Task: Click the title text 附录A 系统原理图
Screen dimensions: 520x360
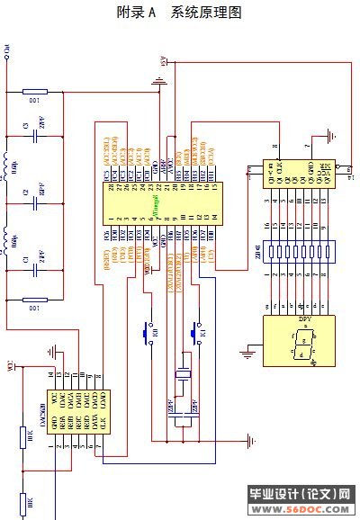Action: point(180,13)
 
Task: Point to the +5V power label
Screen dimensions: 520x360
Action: point(163,60)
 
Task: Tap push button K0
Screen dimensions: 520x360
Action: point(146,333)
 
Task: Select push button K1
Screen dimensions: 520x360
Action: point(195,333)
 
